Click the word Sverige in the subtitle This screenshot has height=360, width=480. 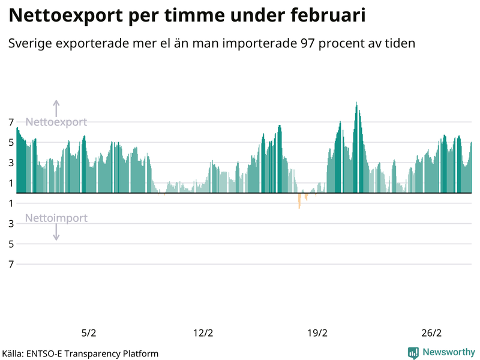29,44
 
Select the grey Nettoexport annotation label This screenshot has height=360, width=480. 56,122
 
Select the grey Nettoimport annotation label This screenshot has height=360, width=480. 56,218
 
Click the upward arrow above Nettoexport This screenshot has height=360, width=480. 56,108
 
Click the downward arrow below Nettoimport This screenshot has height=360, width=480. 56,233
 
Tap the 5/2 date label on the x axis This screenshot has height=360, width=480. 88,333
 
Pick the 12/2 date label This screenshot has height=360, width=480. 203,333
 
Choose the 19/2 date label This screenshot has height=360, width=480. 317,333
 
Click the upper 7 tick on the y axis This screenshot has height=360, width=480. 11,122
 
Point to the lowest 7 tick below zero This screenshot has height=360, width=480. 11,264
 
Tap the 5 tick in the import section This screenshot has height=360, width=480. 11,244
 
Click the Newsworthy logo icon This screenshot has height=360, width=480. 413,353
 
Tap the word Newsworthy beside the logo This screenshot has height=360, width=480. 448,353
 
